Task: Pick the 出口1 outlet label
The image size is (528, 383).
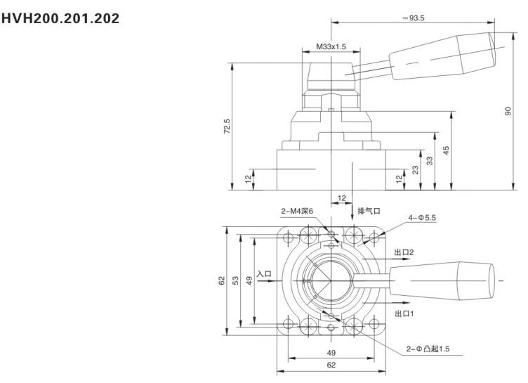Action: click(403, 313)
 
